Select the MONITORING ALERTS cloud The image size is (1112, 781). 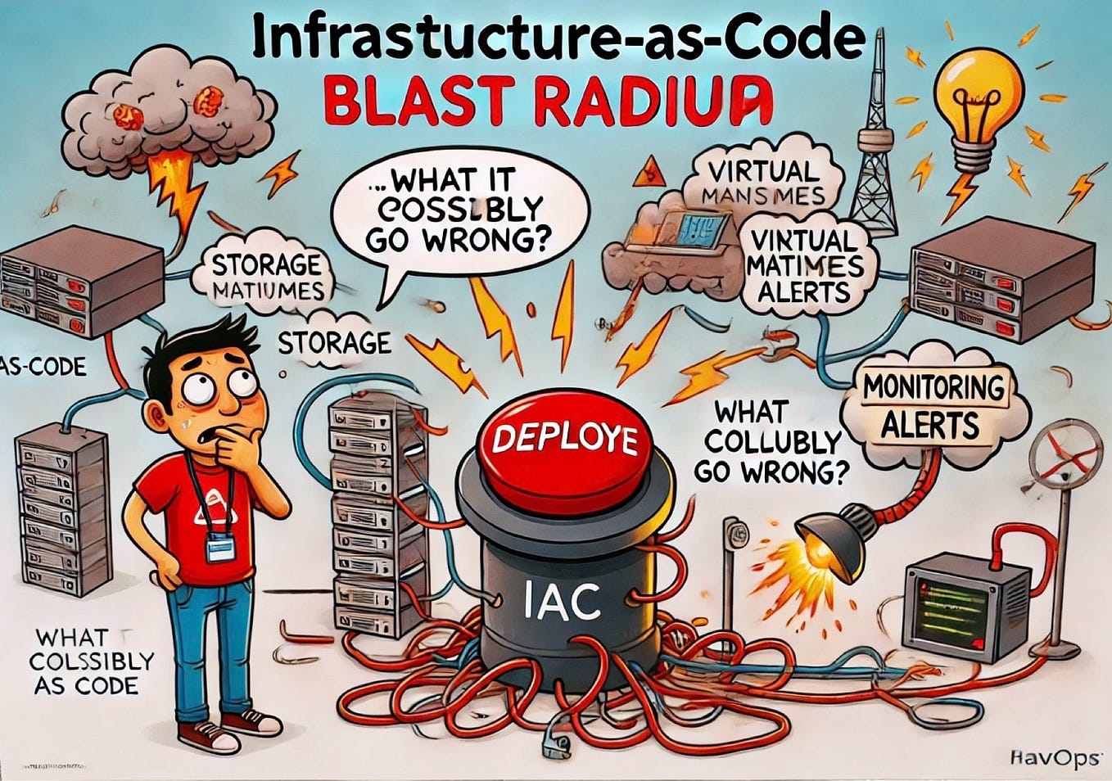click(x=933, y=406)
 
